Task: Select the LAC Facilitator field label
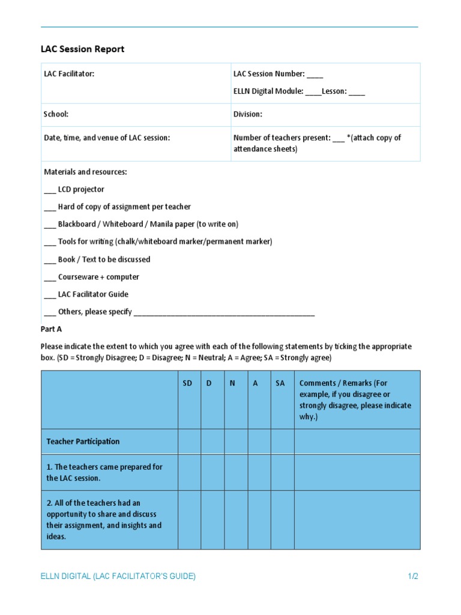(69, 74)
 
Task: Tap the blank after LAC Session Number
(315, 74)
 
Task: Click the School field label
(56, 114)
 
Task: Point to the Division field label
(248, 114)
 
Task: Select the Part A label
(51, 329)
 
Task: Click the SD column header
(188, 383)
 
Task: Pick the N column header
(232, 383)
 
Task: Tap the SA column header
(280, 383)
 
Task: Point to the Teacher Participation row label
(83, 441)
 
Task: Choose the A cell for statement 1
(259, 472)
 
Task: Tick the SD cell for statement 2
(189, 520)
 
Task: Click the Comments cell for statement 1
(357, 472)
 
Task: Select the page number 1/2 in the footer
(412, 577)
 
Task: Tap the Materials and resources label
(85, 172)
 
